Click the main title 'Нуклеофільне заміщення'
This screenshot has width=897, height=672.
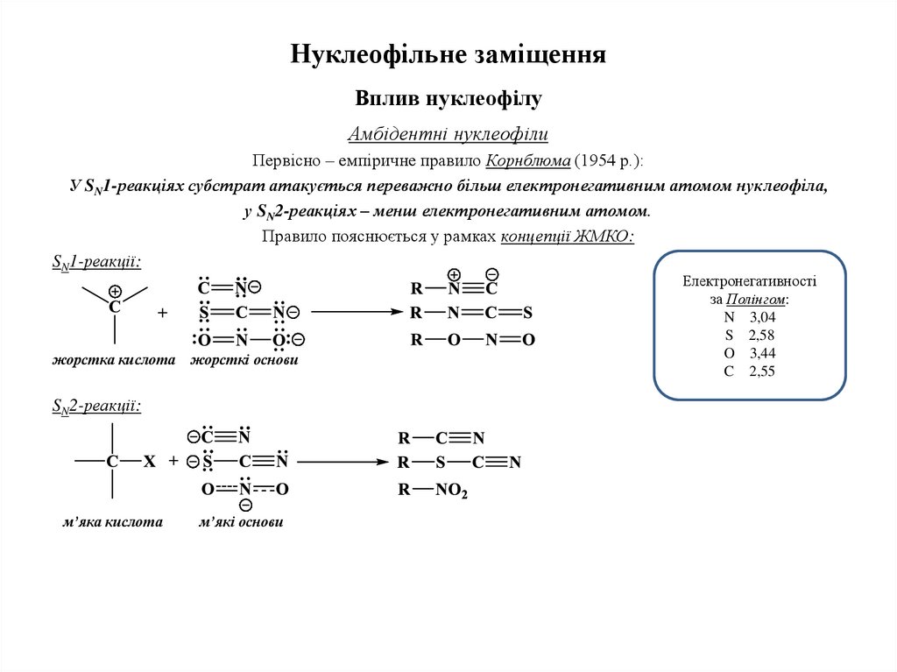tap(448, 55)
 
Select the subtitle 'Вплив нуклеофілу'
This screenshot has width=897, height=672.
tap(448, 98)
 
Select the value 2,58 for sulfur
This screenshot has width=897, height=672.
tap(762, 336)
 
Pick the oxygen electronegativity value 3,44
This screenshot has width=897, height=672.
tap(762, 353)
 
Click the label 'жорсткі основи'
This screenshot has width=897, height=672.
tap(244, 360)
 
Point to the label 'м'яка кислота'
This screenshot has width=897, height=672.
tap(113, 522)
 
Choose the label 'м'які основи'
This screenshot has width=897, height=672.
tap(241, 522)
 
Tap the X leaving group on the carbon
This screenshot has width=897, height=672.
tap(150, 462)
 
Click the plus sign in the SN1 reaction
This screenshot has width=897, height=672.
tap(163, 312)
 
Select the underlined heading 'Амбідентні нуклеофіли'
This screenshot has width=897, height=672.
tap(448, 135)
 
